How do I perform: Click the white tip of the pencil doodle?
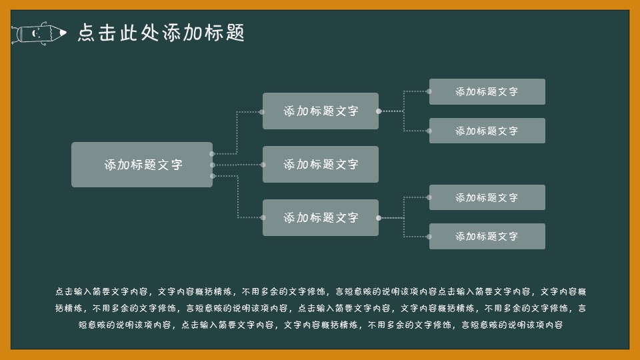coord(63,33)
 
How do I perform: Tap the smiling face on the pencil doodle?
coord(37,33)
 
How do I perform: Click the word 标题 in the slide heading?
coord(225,33)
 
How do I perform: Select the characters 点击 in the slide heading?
coord(97,33)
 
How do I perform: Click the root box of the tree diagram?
coord(142,165)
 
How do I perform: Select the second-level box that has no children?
coord(321,164)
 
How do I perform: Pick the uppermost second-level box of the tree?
coord(321,111)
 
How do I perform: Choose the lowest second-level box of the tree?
coord(321,217)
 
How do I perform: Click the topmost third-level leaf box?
coord(487,91)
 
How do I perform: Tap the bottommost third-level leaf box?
coord(487,236)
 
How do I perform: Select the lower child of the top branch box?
coord(487,131)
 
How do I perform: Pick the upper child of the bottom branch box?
coord(487,197)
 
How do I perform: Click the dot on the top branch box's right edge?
coord(379,111)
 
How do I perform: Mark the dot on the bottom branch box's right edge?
coord(379,218)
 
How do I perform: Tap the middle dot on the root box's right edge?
coord(213,165)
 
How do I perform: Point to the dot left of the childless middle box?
coord(263,165)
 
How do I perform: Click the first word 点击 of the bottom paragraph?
coord(65,291)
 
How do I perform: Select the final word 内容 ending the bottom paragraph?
coord(553,325)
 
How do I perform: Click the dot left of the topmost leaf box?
coord(429,91)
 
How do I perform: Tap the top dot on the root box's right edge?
coord(212,154)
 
